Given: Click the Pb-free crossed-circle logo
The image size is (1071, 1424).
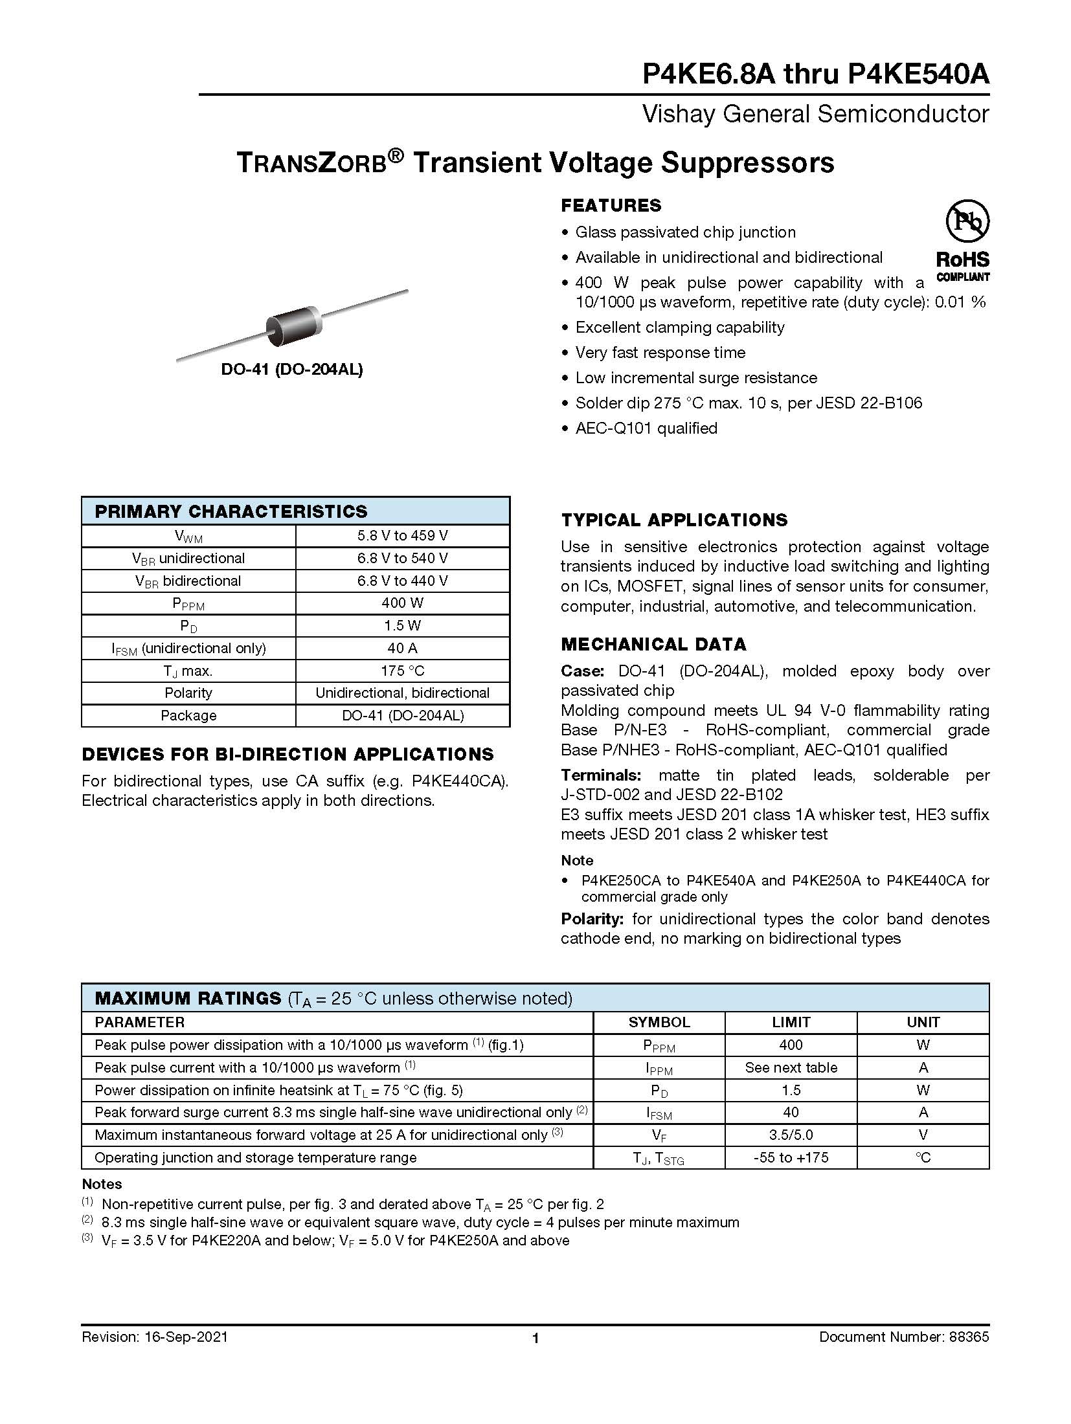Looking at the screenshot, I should [967, 221].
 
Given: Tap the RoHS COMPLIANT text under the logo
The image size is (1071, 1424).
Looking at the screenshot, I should [963, 267].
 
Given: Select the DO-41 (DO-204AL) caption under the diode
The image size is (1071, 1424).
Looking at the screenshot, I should [291, 370].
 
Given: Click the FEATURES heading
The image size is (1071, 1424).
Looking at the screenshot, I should [611, 206].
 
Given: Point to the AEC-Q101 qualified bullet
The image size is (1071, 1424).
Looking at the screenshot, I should [646, 428].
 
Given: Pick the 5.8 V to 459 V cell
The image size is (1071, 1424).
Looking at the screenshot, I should [402, 536].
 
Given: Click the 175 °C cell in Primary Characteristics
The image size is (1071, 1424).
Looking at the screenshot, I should [402, 671].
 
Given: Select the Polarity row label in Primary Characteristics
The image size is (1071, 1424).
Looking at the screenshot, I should [188, 693].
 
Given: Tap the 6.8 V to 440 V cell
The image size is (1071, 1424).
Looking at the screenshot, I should [402, 581].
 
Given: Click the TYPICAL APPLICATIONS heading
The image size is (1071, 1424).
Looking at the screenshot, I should [674, 520].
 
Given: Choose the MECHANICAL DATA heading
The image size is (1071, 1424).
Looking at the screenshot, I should [653, 645].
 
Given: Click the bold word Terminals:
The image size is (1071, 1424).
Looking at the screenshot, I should [601, 775].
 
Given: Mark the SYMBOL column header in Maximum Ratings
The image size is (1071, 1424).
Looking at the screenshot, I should [659, 1022].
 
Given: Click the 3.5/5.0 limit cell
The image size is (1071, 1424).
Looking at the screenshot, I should [791, 1135].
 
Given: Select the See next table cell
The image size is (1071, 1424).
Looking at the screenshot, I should [791, 1067].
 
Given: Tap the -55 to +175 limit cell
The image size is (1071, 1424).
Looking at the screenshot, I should [791, 1157].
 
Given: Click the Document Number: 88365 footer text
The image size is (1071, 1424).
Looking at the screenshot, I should [904, 1337].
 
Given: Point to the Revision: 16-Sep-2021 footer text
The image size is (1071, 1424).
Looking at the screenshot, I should [155, 1337].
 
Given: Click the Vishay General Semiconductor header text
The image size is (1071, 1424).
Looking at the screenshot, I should [815, 115].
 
